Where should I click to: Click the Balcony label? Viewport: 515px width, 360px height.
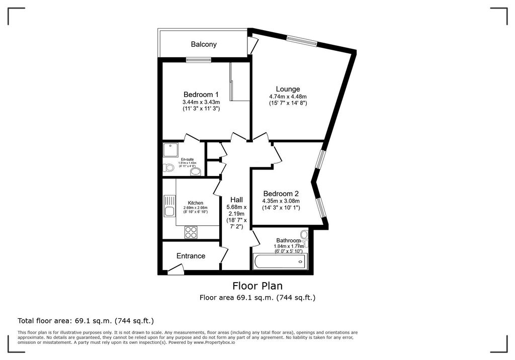pos(204,44)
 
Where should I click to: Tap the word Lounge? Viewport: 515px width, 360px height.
pos(288,89)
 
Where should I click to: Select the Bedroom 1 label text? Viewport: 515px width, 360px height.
pos(201,95)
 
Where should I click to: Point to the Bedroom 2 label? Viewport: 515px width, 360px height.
pos(281,194)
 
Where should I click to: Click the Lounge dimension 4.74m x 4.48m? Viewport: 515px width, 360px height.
pos(288,97)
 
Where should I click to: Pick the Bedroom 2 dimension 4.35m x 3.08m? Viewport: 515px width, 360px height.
pos(281,201)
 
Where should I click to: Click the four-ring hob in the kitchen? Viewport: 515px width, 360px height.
pos(191,232)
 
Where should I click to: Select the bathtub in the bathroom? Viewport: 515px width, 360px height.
pos(279,261)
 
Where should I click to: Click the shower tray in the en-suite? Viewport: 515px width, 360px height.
pos(169,149)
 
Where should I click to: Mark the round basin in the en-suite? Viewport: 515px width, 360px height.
pos(195,171)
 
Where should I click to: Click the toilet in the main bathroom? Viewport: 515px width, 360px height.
pos(304,235)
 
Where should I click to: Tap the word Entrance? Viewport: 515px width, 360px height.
pos(191,256)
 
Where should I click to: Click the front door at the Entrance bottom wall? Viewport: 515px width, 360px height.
pos(175,271)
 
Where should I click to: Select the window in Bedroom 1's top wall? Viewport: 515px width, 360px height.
pos(198,60)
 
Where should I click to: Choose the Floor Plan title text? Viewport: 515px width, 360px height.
pos(257,286)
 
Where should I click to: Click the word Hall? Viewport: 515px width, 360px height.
pos(236,200)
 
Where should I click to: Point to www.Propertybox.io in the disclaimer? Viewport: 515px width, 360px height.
pos(215,342)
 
